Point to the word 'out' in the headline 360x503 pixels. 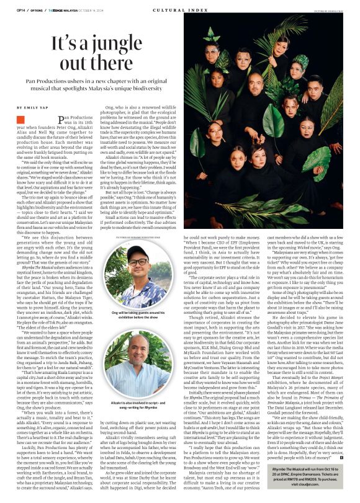(x=70, y=64)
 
